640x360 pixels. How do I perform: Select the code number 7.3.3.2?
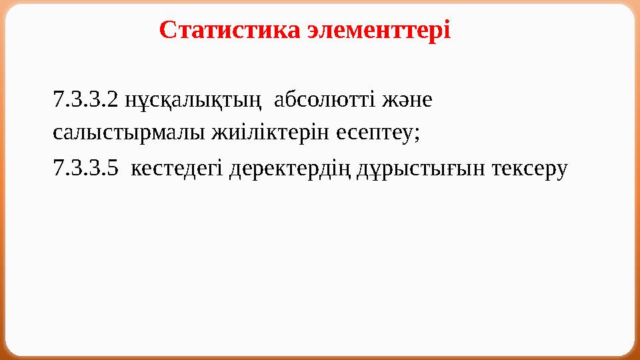pos(87,101)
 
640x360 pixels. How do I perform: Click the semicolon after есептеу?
pos(417,133)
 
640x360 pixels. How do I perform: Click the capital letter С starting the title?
pos(167,30)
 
